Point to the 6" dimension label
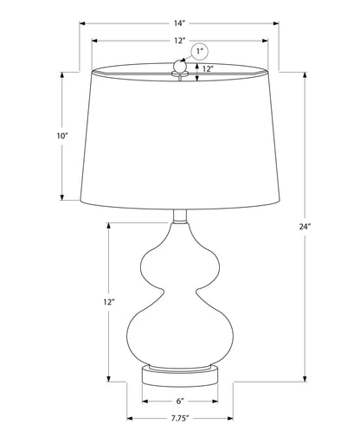point(179,402)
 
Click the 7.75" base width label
point(179,418)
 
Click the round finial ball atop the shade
point(180,65)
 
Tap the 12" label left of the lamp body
point(108,302)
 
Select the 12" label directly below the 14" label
point(179,41)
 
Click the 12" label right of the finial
point(208,70)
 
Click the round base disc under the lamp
point(179,376)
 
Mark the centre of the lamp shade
point(179,138)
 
